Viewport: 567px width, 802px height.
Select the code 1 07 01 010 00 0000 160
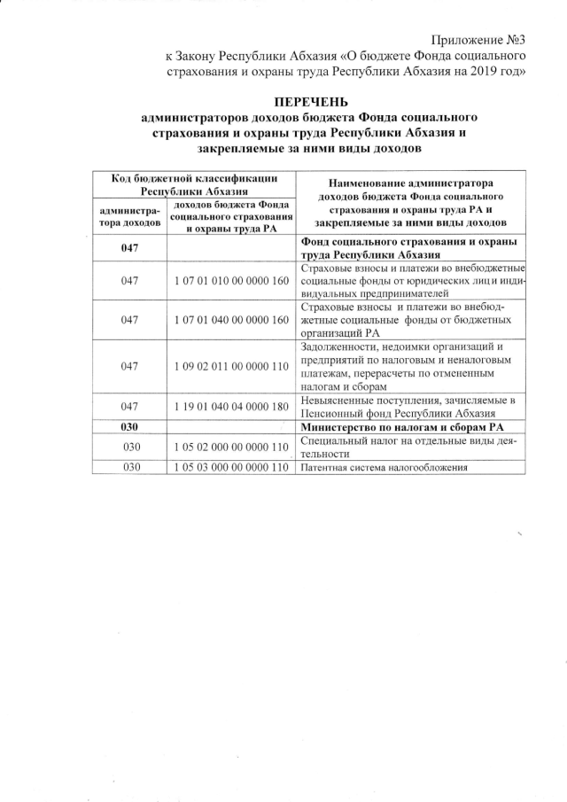(x=231, y=281)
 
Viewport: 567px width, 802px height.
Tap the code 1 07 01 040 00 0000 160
(x=231, y=319)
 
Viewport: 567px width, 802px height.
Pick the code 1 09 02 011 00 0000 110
(x=231, y=365)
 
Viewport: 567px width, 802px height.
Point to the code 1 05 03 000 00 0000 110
(x=231, y=466)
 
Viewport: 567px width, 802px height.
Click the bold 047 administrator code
(x=130, y=248)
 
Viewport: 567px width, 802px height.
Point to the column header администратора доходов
(x=130, y=218)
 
